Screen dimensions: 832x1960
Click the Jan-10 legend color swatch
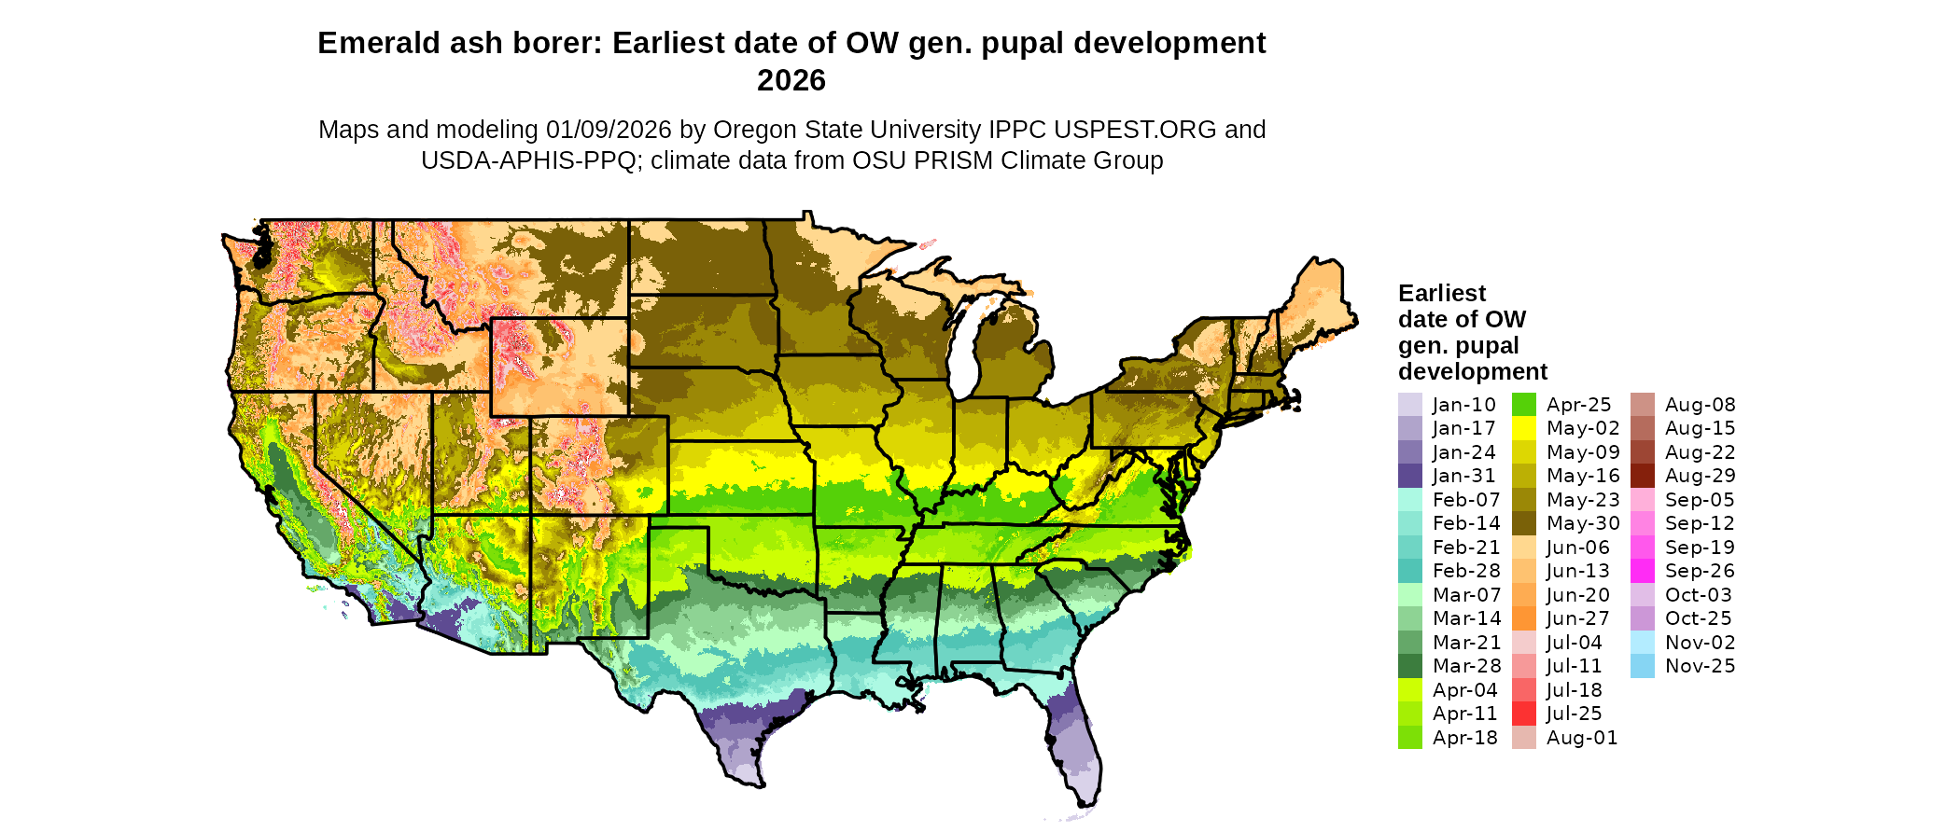tap(1409, 405)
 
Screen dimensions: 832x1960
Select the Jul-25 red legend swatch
tap(1523, 714)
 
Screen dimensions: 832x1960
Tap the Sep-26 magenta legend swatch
tap(1642, 571)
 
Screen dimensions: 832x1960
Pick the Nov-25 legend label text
tap(1700, 666)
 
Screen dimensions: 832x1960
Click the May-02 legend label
tap(1583, 428)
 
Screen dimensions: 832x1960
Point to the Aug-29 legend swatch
tap(1642, 476)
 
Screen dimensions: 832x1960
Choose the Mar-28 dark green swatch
tap(1409, 666)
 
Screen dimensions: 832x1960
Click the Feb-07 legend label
tap(1466, 500)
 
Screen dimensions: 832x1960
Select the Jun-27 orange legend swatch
tap(1523, 618)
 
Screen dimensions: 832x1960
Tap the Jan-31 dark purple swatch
tap(1409, 476)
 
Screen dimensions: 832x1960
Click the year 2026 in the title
tap(791, 80)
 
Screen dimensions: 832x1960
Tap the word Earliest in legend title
tap(1441, 294)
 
